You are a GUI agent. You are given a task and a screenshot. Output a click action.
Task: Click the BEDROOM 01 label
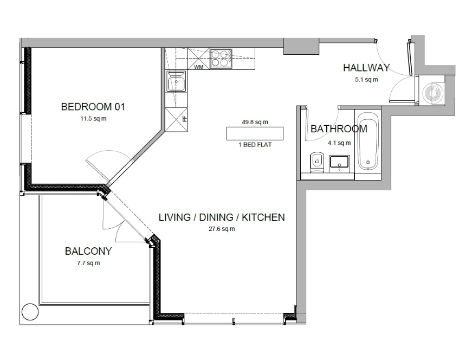pyautogui.click(x=93, y=107)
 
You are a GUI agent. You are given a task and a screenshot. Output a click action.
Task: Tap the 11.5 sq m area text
pyautogui.click(x=93, y=119)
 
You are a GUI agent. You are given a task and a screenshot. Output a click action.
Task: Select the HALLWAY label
pyautogui.click(x=366, y=67)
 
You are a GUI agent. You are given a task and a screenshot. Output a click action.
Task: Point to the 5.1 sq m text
pyautogui.click(x=366, y=80)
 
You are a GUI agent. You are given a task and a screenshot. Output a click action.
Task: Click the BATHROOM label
pyautogui.click(x=339, y=129)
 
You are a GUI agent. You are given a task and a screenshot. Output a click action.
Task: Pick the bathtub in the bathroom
pyautogui.click(x=368, y=141)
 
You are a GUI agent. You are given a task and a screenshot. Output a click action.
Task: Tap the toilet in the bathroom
pyautogui.click(x=316, y=162)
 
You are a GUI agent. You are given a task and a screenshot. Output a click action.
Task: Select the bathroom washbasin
pyautogui.click(x=340, y=164)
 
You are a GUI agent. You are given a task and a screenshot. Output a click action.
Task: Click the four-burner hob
pyautogui.click(x=221, y=58)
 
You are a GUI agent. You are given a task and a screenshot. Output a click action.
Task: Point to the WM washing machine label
pyautogui.click(x=199, y=67)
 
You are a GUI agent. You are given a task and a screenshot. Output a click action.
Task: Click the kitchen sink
pyautogui.click(x=177, y=81)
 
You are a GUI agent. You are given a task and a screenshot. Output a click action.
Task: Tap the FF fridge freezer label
pyautogui.click(x=185, y=119)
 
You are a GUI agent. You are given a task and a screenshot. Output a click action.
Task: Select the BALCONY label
pyautogui.click(x=88, y=251)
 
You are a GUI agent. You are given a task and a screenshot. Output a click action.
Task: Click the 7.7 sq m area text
pyautogui.click(x=88, y=263)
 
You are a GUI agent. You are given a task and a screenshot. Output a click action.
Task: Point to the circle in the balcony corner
pyautogui.click(x=30, y=312)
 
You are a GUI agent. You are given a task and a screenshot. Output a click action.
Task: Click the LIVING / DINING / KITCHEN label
pyautogui.click(x=222, y=217)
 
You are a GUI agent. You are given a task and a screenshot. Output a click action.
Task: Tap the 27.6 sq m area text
pyautogui.click(x=222, y=229)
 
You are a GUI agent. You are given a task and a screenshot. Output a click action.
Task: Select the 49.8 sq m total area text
pyautogui.click(x=255, y=123)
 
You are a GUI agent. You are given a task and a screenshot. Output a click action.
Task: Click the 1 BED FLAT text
pyautogui.click(x=255, y=145)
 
